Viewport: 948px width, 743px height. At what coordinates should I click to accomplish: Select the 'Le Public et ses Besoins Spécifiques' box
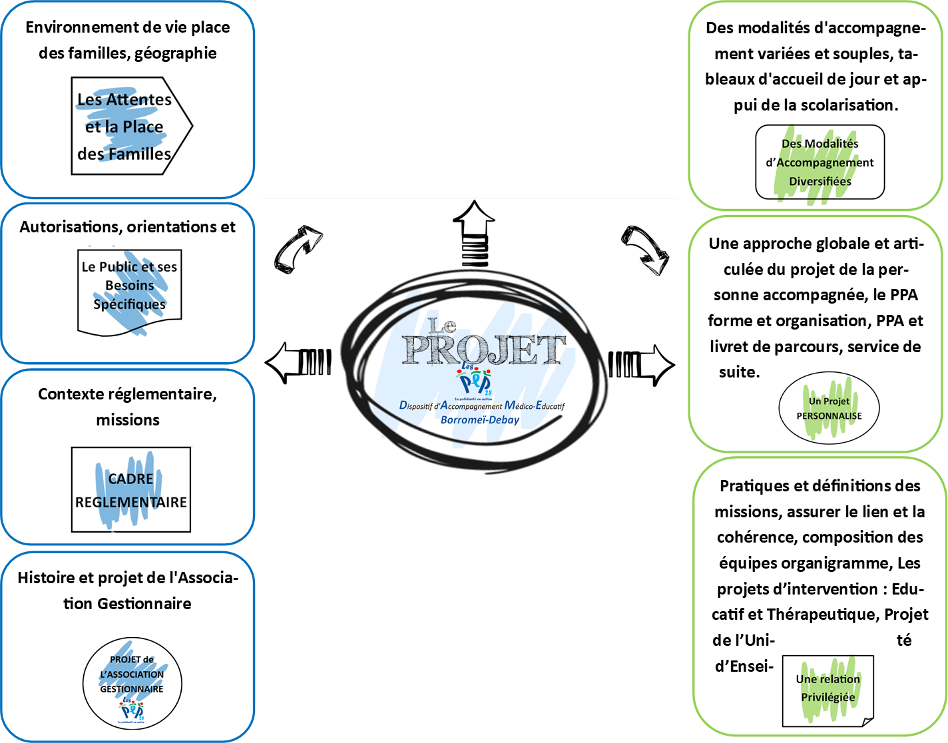coord(130,290)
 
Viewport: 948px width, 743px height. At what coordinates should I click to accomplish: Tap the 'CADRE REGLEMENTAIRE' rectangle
coord(131,490)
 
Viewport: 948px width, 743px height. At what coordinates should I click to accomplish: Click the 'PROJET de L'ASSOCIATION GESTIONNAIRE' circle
coord(132,682)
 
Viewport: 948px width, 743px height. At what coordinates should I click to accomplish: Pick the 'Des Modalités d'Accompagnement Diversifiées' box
coord(820,162)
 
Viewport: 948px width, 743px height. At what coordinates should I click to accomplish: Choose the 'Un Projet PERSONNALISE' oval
coord(829,408)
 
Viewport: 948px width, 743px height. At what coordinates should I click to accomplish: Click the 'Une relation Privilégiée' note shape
coord(828,690)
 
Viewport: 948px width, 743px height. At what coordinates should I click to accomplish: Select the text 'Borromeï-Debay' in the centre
coord(479,420)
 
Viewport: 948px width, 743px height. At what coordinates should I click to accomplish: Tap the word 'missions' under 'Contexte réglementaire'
coord(128,420)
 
